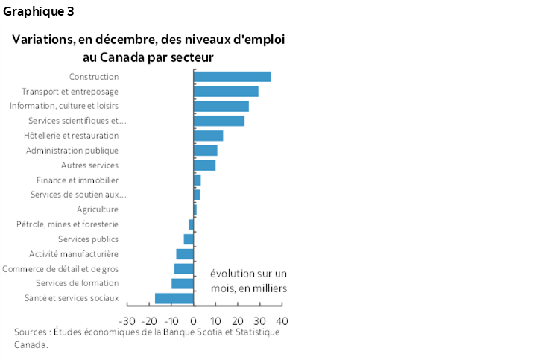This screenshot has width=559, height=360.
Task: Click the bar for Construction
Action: [232, 76]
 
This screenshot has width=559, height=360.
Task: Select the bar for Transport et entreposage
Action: [226, 91]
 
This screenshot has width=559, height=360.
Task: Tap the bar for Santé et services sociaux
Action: [174, 298]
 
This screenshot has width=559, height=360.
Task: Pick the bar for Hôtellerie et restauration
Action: [208, 136]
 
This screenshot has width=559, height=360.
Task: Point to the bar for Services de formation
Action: [183, 283]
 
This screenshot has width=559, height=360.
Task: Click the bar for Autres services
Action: [204, 165]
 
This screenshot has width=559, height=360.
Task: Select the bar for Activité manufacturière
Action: [185, 254]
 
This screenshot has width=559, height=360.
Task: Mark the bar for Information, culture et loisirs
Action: [221, 106]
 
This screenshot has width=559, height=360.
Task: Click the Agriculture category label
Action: [98, 209]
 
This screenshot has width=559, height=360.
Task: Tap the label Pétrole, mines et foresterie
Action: [68, 224]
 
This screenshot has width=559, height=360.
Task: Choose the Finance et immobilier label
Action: [78, 180]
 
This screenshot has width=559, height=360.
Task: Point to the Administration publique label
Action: [72, 151]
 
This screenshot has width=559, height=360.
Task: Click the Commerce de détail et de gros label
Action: [60, 268]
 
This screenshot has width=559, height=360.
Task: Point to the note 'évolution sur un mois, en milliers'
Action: [248, 281]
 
